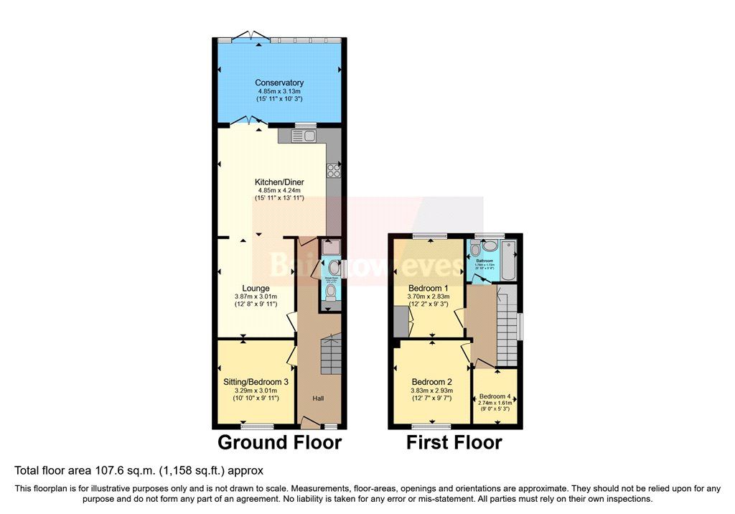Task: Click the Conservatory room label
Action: [280, 83]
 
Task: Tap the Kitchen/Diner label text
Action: [279, 182]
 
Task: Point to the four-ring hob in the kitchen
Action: [334, 170]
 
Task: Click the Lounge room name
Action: [256, 289]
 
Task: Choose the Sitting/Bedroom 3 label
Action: [256, 381]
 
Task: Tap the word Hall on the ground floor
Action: [318, 398]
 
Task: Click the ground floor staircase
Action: [329, 356]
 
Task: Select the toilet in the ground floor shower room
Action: [330, 291]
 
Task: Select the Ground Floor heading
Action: [279, 441]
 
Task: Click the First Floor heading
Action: [454, 441]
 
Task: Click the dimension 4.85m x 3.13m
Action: [280, 92]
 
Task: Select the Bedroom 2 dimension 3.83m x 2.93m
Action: [432, 391]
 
